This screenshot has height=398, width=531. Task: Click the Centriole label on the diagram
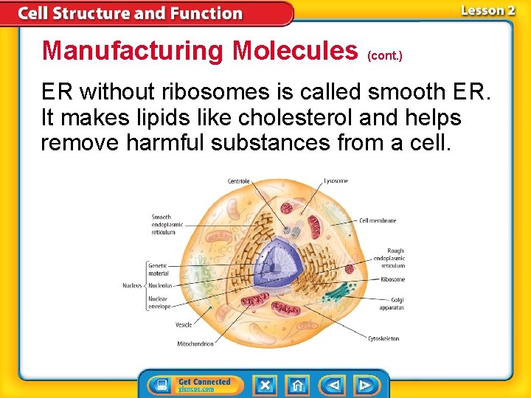pos(239,181)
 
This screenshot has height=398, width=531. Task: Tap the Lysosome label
pos(336,181)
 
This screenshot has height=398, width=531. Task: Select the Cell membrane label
pos(378,220)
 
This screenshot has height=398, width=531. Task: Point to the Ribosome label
pos(392,279)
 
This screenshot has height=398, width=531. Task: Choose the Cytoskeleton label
pos(383,338)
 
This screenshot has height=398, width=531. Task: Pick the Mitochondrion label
pos(195,343)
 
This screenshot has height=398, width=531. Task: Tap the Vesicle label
pos(183,324)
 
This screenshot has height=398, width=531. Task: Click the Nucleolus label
pos(160,285)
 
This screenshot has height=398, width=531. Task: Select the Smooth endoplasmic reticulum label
pos(163,225)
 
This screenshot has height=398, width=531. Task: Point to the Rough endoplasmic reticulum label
pos(390,259)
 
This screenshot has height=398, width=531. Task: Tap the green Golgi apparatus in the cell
pos(339,291)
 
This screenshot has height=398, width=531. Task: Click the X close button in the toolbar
pos(265,385)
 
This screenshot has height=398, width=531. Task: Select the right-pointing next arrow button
pos(364,385)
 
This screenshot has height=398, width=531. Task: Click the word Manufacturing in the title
pos(133,51)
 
